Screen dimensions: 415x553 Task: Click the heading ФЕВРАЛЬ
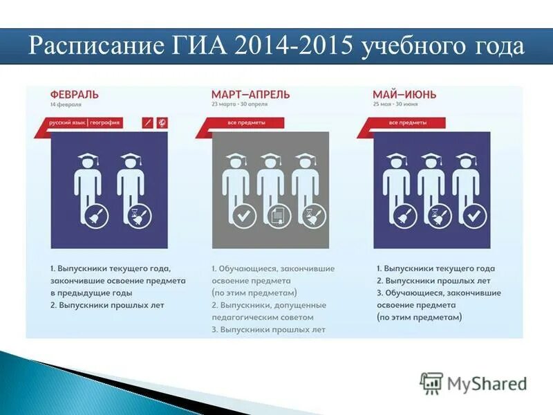click(x=75, y=94)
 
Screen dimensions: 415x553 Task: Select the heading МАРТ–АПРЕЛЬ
click(x=250, y=94)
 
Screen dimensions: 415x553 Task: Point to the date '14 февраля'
click(x=66, y=104)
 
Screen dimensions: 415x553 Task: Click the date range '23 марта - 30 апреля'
click(x=239, y=104)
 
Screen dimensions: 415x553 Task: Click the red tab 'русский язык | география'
click(x=85, y=122)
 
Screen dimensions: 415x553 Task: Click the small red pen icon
click(x=147, y=122)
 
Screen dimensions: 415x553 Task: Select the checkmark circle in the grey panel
click(x=242, y=216)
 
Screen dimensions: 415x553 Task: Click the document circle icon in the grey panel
click(x=276, y=216)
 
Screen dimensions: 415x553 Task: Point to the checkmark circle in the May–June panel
click(x=474, y=216)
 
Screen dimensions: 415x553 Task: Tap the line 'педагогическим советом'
click(x=263, y=317)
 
